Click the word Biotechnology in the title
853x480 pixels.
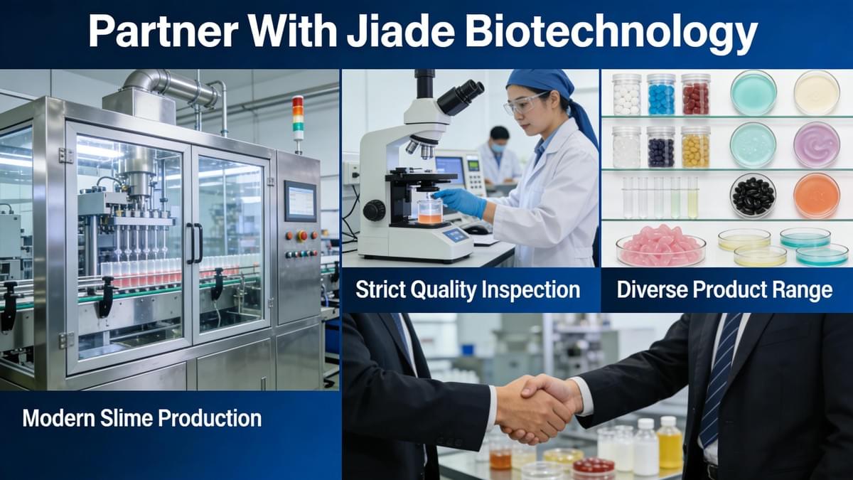611,33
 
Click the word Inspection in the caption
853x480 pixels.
530,290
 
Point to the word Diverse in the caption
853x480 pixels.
651,289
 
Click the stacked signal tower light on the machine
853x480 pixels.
298,118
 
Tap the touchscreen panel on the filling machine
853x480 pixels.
301,201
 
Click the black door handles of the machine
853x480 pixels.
195,243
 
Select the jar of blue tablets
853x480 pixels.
661,95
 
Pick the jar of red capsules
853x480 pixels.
696,95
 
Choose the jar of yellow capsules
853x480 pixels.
696,147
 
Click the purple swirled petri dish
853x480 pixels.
817,145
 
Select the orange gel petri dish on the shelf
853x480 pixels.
817,196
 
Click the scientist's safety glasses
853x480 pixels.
525,103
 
